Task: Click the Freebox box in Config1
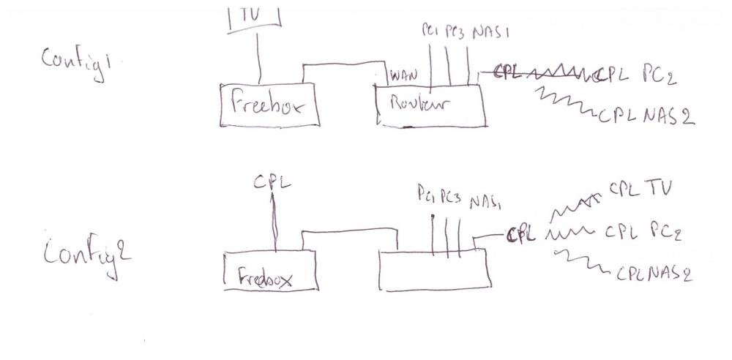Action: tap(272, 105)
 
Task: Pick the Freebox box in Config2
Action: tap(270, 270)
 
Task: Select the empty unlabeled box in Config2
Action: tap(434, 271)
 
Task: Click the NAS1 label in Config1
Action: tap(490, 34)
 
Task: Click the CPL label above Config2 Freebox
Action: tap(272, 182)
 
